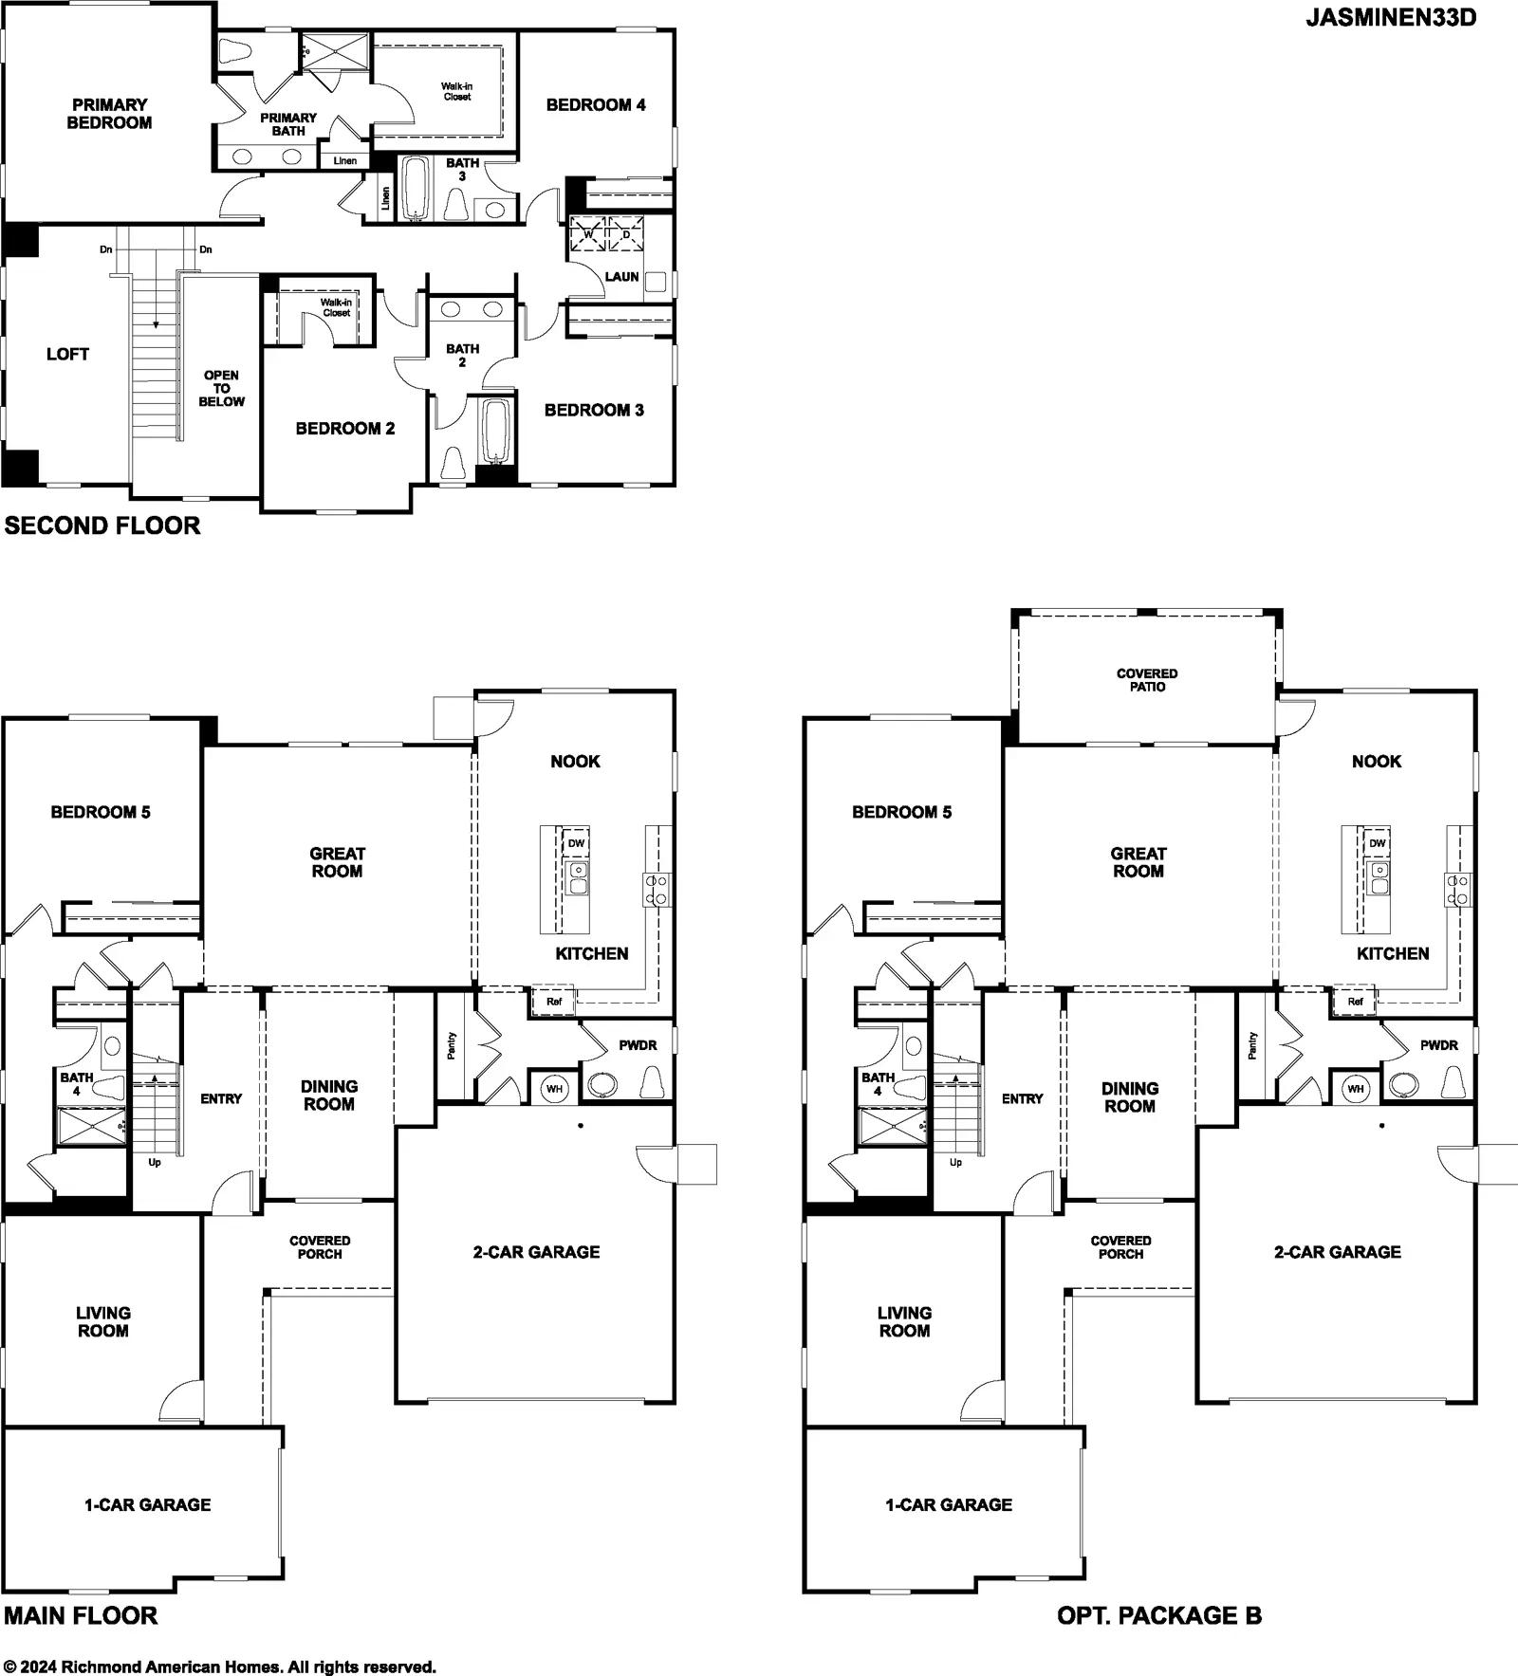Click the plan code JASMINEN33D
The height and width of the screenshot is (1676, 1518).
[x=1390, y=18]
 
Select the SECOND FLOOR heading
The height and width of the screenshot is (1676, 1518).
[x=102, y=525]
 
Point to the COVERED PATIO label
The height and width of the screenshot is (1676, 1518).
[x=1147, y=680]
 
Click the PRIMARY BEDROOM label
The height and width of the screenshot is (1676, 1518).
[x=109, y=114]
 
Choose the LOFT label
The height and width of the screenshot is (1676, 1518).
[x=67, y=354]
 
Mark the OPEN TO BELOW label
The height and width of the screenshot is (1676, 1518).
[x=221, y=388]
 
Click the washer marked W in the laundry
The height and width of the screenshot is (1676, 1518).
[x=587, y=234]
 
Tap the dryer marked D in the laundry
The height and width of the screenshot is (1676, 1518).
[x=626, y=234]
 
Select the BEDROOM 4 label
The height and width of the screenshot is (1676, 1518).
[x=596, y=105]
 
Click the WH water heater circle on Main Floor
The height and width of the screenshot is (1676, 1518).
[x=555, y=1088]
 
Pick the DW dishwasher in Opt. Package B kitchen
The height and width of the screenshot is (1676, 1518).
[x=1378, y=843]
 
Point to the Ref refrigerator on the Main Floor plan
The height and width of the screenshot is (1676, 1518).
[x=554, y=1001]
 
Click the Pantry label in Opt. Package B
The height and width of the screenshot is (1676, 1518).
[x=1252, y=1046]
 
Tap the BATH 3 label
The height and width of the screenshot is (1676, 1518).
[x=463, y=170]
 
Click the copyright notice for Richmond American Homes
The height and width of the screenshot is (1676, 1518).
[x=220, y=1667]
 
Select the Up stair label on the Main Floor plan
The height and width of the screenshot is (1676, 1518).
[x=155, y=1162]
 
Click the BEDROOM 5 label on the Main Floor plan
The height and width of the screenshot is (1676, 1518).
[x=101, y=812]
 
